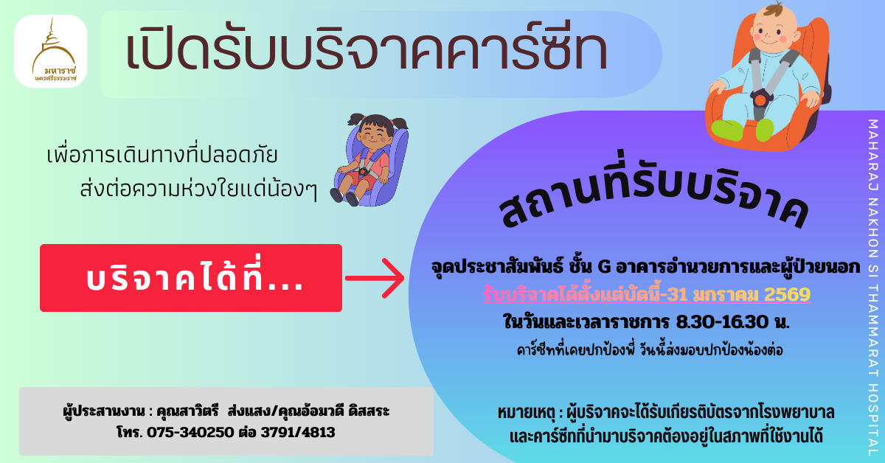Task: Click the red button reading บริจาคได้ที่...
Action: tap(191, 278)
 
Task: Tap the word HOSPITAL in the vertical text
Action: tap(872, 417)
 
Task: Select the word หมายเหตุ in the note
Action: tap(529, 411)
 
